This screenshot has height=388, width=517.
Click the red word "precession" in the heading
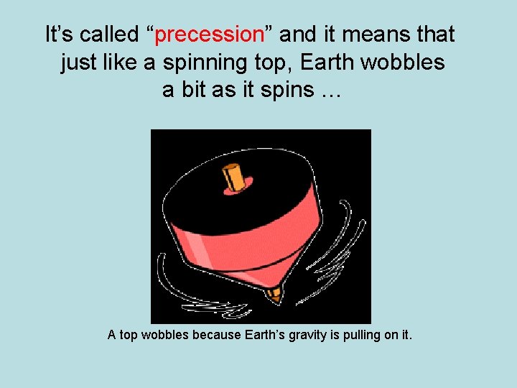click(210, 34)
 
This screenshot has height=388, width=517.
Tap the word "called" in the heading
click(108, 34)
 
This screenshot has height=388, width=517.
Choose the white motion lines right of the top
click(345, 244)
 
